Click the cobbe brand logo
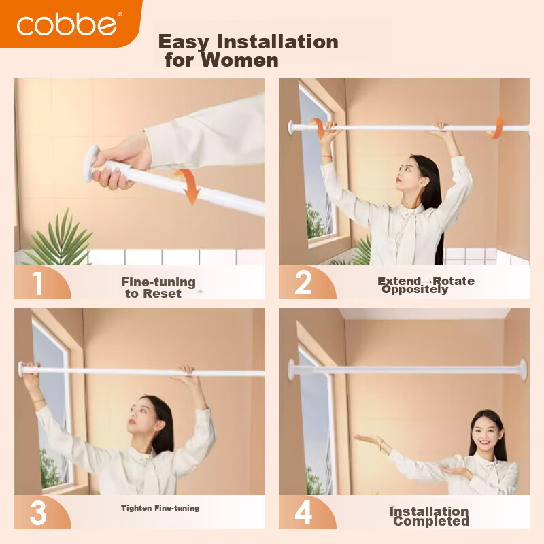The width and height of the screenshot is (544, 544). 67,24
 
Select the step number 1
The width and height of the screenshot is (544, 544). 37,282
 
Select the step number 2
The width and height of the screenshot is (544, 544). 303,282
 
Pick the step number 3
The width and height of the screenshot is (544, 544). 37,512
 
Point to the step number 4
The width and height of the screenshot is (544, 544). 303,512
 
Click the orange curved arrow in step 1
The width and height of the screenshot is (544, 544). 188,186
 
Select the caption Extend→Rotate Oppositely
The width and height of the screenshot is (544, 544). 426,285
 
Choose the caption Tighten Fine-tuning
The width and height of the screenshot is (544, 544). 160,508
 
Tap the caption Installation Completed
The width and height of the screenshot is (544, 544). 430,516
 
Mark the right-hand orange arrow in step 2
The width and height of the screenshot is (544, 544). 498,126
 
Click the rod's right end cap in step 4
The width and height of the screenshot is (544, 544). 522,370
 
